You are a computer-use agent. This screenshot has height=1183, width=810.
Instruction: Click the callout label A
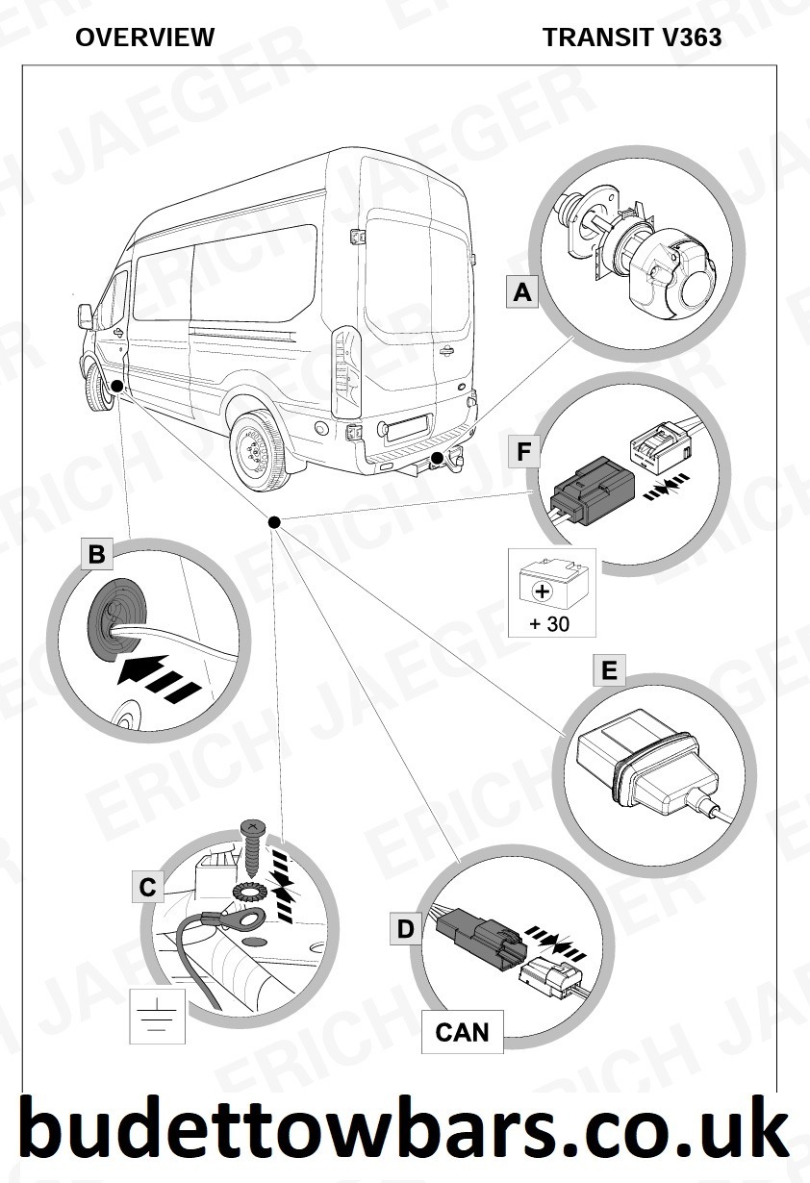click(522, 291)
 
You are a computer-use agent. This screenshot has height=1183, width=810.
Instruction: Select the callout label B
click(96, 554)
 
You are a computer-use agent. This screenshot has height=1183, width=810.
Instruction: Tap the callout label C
click(147, 886)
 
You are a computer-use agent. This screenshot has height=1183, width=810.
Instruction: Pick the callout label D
click(406, 929)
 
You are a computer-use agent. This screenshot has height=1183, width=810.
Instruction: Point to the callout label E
click(608, 670)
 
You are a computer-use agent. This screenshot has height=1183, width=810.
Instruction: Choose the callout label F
click(523, 451)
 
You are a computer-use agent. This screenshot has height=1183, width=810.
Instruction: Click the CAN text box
click(462, 1032)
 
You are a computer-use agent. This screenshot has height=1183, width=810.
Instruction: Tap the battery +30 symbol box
click(551, 592)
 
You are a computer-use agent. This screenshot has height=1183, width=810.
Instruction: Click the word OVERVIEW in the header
click(144, 38)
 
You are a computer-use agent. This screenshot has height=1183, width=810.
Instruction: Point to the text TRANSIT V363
click(632, 38)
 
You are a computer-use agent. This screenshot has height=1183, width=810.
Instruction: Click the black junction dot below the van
click(274, 521)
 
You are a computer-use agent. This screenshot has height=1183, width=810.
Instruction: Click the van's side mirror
click(85, 315)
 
